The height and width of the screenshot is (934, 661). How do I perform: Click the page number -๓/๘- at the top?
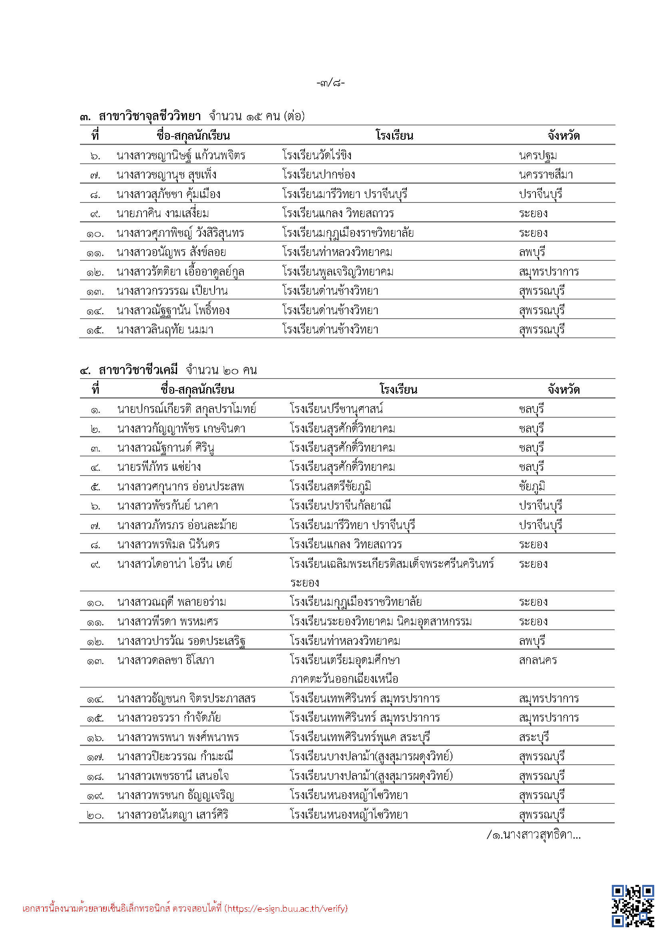point(330,83)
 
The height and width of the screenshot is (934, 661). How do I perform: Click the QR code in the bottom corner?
point(632,906)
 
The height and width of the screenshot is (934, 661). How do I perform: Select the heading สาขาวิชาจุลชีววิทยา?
point(150,116)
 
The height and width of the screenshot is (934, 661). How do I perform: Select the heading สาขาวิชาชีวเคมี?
point(138,370)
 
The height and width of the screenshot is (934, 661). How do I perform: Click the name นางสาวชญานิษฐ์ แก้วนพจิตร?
point(181,155)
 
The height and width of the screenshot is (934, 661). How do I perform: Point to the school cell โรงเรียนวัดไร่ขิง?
point(317,155)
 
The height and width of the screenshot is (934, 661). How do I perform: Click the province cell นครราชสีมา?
point(546,175)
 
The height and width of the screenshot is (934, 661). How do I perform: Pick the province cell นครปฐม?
point(538,155)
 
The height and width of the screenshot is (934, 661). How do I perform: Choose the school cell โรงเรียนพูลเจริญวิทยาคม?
point(338,272)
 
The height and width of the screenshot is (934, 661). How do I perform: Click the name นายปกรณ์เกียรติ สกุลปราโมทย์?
point(187,409)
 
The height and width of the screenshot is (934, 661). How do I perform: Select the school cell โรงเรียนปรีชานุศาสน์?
point(336,409)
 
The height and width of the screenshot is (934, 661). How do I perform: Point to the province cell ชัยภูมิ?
point(532,486)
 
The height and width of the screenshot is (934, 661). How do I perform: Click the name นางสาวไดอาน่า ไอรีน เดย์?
point(175,564)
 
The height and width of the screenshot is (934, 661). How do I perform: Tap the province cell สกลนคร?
point(538,660)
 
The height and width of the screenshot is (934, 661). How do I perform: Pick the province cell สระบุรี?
point(534,737)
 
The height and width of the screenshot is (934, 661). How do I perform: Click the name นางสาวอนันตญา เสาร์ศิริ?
point(173,815)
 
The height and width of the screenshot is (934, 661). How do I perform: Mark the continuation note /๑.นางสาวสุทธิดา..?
point(534,835)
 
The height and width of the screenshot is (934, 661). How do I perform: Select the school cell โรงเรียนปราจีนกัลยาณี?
point(340,506)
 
